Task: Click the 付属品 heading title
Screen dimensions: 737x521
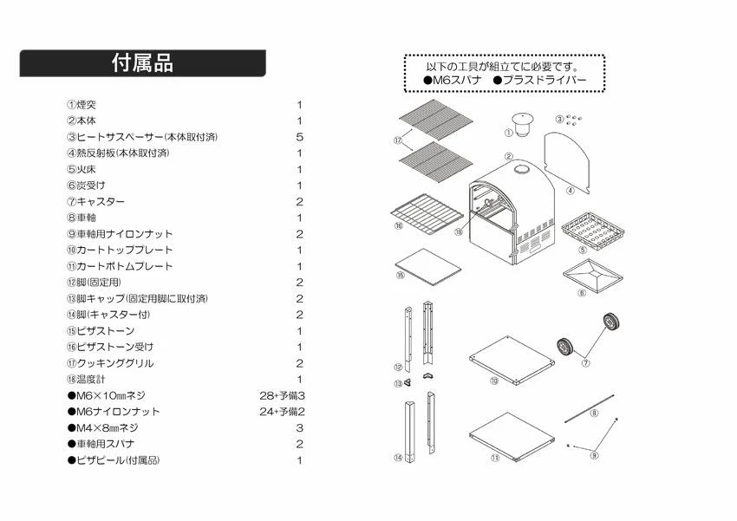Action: [142, 63]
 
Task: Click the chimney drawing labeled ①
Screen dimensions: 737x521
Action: [521, 124]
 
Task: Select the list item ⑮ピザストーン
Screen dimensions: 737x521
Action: [101, 331]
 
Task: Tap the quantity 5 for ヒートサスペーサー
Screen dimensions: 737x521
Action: [299, 137]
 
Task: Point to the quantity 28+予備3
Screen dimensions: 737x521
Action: [282, 395]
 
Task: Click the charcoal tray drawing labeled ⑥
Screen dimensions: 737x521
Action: [593, 276]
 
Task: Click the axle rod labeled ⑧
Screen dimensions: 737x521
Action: [590, 408]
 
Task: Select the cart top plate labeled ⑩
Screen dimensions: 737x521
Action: [512, 360]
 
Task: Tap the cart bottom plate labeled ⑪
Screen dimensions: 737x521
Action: [512, 436]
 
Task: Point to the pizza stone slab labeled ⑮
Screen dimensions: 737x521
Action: [428, 267]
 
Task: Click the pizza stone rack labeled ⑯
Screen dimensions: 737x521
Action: [427, 215]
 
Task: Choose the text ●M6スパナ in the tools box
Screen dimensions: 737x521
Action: [453, 80]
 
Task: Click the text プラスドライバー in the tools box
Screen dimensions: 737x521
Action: [545, 80]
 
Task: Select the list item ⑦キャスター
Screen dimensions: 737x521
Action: [96, 202]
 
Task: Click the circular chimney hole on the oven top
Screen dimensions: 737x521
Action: [521, 169]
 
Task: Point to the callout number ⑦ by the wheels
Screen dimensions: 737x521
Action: [585, 363]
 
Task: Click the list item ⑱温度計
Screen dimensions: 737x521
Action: [86, 380]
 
